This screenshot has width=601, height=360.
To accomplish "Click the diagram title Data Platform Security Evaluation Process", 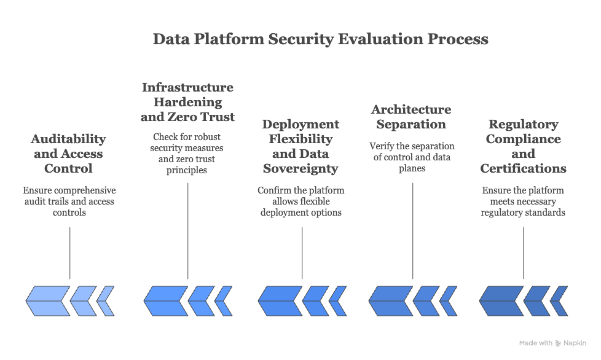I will (320, 39).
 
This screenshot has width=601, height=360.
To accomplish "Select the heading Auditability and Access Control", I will (68, 154).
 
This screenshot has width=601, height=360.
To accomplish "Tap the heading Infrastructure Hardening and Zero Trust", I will (187, 102).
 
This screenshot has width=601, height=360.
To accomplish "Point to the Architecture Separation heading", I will (411, 117).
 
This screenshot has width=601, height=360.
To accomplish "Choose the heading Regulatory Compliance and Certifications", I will (523, 146).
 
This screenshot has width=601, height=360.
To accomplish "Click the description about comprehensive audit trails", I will (69, 202).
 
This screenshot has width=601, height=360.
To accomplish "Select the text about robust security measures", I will (187, 153).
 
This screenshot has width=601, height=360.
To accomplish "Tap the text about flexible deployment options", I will (301, 202).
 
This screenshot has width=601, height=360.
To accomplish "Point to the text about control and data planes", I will (412, 157).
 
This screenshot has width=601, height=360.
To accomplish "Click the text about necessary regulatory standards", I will (523, 202).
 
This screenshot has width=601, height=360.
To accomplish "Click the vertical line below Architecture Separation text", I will (412, 230).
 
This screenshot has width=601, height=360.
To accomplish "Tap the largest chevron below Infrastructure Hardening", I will (165, 301).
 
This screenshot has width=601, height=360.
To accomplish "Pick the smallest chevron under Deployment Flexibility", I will (337, 301).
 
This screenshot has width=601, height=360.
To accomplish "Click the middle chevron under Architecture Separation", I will (426, 301).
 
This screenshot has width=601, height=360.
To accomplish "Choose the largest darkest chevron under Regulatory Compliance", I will (501, 301).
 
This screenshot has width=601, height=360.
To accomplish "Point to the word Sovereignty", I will (301, 168).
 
